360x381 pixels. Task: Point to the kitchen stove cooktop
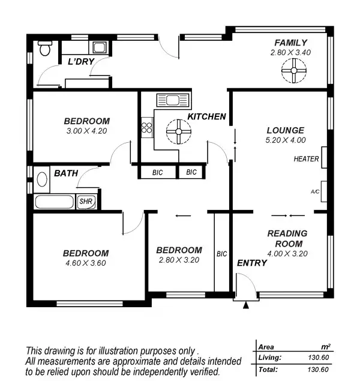(146, 127)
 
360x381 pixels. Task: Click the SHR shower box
(86, 202)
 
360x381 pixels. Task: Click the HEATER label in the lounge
(306, 159)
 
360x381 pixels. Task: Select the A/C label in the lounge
(315, 192)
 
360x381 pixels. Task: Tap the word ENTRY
(252, 263)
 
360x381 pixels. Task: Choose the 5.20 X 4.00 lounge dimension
(286, 140)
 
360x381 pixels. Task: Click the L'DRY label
(79, 62)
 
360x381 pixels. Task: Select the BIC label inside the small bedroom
(221, 254)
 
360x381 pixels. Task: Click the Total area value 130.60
(319, 370)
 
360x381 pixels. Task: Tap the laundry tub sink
(98, 48)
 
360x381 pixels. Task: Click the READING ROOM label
(287, 238)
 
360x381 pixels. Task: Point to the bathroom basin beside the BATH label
(42, 179)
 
